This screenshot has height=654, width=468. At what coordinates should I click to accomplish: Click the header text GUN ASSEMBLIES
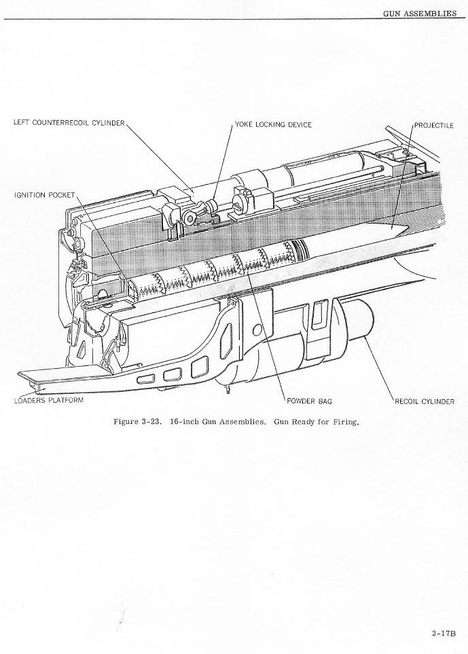[x=420, y=13]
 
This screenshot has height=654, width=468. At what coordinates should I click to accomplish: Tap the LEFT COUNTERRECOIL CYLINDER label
[x=69, y=123]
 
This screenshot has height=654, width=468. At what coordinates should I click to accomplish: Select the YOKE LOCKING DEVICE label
[x=273, y=125]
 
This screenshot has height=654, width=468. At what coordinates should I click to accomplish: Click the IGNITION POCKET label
[x=44, y=195]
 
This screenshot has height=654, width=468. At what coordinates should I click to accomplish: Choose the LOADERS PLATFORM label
[x=48, y=400]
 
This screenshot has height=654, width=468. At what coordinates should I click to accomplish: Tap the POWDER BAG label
[x=309, y=401]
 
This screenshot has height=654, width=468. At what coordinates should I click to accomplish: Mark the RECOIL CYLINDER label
[x=425, y=401]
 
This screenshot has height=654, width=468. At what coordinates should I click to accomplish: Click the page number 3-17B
[x=442, y=634]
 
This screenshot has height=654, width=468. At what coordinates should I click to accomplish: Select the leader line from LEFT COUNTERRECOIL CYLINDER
[x=160, y=156]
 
